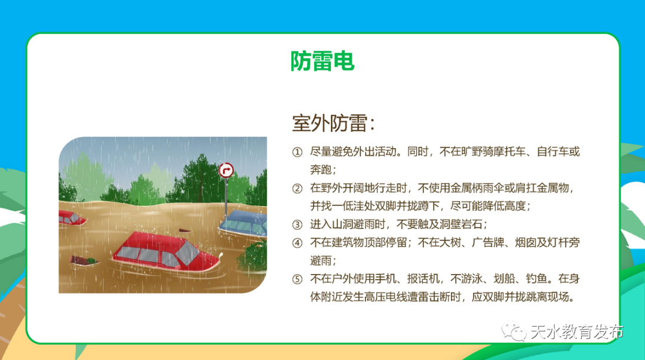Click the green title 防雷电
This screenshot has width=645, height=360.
tap(322, 61)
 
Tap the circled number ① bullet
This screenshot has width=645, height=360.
tap(297, 152)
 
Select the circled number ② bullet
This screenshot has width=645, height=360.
tap(297, 189)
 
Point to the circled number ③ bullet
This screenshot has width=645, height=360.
tap(297, 225)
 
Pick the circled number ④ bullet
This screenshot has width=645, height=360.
tap(297, 243)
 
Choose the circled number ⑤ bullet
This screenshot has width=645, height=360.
tap(297, 279)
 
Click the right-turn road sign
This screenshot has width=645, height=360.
tap(226, 171)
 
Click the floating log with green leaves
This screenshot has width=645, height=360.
tap(84, 260)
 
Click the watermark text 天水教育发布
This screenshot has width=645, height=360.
tap(576, 331)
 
